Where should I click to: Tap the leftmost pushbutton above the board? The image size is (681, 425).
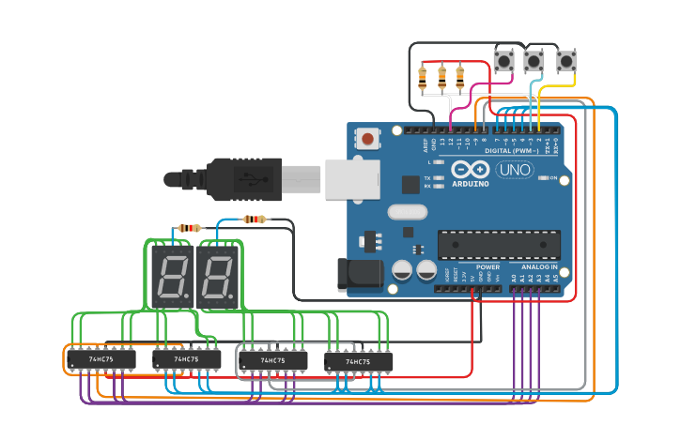(504, 61)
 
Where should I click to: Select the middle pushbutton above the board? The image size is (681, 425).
(534, 61)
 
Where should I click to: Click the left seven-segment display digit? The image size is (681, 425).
(172, 278)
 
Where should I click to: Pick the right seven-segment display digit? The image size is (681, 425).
(217, 278)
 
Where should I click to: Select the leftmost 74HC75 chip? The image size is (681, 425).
(101, 359)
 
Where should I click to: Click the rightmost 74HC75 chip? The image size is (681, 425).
(358, 361)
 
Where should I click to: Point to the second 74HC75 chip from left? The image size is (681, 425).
(187, 359)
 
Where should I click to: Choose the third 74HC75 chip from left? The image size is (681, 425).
(272, 360)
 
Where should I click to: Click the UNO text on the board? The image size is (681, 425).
(516, 170)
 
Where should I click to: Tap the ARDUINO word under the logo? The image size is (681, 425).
(470, 184)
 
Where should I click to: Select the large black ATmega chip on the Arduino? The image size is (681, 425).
(498, 245)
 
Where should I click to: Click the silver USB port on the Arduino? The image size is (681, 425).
(352, 179)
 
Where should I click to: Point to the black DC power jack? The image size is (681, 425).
(361, 274)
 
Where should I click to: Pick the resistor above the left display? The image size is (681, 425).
(191, 228)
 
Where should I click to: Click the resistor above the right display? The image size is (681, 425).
(255, 220)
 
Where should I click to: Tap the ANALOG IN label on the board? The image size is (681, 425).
(540, 266)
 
